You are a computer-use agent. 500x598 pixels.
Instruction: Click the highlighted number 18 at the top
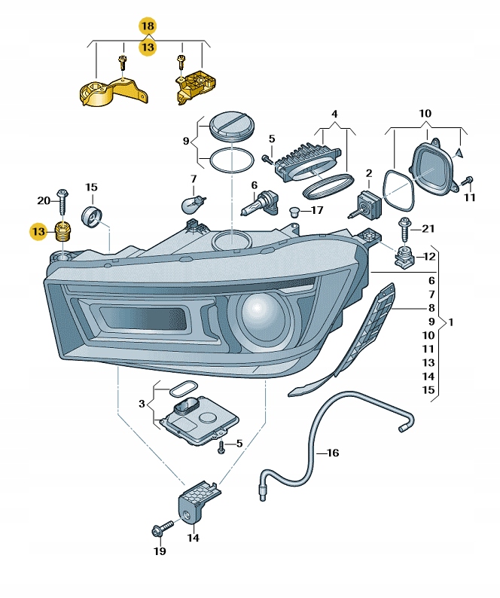(148, 26)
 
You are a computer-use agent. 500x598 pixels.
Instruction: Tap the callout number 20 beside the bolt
(44, 200)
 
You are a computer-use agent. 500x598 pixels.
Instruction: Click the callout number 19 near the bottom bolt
(159, 551)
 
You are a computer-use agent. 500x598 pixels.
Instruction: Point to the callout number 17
(317, 210)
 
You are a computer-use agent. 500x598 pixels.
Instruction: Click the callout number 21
(428, 228)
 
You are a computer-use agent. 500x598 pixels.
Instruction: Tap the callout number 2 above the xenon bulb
(369, 173)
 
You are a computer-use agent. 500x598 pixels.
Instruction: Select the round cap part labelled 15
(92, 216)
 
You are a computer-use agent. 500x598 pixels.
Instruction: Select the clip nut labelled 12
(405, 257)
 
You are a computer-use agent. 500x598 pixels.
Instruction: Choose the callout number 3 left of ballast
(141, 404)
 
